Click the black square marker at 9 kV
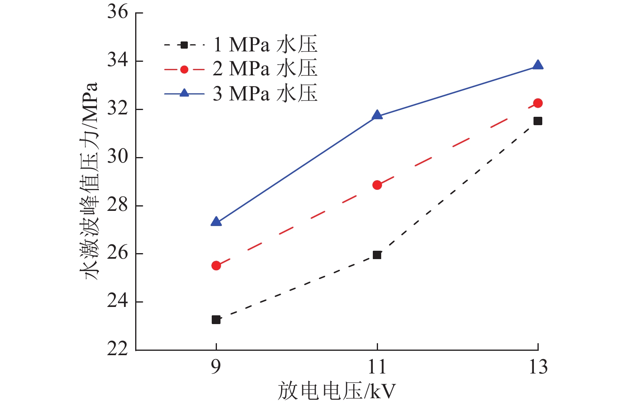[x=216, y=319]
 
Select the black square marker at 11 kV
[x=377, y=255]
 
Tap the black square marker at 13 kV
[x=538, y=121]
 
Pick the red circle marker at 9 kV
[x=216, y=265]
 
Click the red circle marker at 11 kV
[x=377, y=185]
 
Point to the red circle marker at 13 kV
[x=538, y=103]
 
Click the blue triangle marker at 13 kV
[x=538, y=65]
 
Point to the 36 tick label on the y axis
[x=118, y=12]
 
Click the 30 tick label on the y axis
[x=118, y=157]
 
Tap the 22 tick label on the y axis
[x=118, y=349]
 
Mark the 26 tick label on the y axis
[x=118, y=253]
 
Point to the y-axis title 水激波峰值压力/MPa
[x=91, y=181]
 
